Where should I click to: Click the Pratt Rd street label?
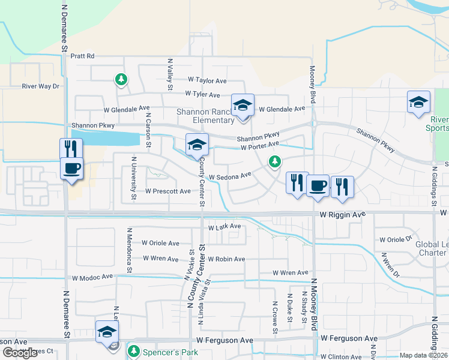(x=83, y=56)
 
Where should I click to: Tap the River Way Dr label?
(x=41, y=86)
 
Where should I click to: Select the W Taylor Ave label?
(x=207, y=80)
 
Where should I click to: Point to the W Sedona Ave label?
(x=229, y=176)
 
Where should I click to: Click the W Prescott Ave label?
(x=168, y=191)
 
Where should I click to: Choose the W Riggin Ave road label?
(x=342, y=214)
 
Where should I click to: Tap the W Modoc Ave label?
(x=92, y=277)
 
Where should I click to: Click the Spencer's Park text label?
(x=168, y=350)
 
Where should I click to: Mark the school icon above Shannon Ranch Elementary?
(x=243, y=105)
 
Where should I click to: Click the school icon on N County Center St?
(x=197, y=144)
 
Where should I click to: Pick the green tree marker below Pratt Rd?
(x=121, y=79)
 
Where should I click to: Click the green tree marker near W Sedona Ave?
(x=275, y=161)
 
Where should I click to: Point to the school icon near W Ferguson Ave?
(x=107, y=331)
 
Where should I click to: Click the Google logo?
(x=20, y=353)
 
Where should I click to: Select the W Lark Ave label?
(x=224, y=227)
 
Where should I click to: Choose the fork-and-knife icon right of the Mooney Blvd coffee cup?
(x=342, y=186)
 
